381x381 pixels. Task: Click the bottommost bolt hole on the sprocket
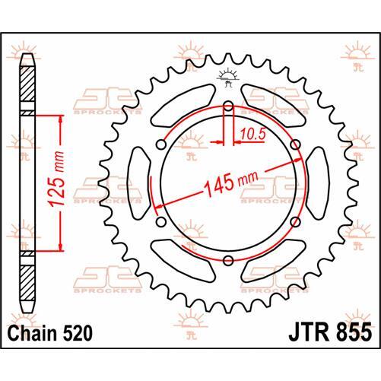point(228,262)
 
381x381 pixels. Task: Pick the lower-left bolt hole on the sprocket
point(160,223)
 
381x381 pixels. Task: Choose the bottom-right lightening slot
point(272,259)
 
